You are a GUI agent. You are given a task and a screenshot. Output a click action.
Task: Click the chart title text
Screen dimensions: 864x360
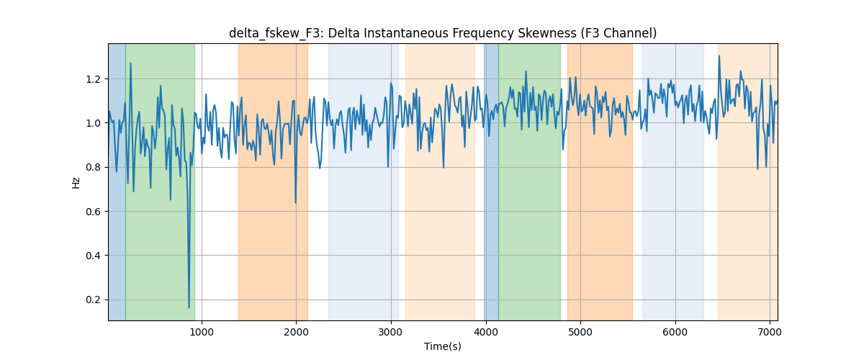coord(442,34)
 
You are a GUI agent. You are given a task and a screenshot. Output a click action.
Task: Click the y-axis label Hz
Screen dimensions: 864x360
coord(76,182)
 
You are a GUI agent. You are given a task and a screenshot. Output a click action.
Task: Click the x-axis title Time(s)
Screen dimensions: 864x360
coord(442,346)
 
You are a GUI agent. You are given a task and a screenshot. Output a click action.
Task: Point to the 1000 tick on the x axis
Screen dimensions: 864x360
coord(202,332)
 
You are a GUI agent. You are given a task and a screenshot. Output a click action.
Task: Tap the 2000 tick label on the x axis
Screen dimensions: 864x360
coord(296,332)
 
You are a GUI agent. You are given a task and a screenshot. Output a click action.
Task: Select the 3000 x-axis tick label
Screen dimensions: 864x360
coord(391,332)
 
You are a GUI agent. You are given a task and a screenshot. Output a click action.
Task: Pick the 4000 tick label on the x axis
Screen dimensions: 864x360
coord(486,332)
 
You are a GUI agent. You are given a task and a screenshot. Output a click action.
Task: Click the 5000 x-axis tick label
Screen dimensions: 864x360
coord(580,332)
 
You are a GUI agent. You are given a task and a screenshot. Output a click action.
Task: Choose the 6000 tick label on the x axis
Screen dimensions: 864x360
coord(675,332)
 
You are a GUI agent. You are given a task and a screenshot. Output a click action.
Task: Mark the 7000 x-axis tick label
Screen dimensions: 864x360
coord(770,332)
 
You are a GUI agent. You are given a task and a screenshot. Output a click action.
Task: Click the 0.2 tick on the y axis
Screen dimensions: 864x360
coord(93,300)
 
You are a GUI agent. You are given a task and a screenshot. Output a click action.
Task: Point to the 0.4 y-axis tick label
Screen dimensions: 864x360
coord(93,256)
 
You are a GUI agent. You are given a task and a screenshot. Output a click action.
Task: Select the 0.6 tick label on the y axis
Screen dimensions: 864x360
coord(93,212)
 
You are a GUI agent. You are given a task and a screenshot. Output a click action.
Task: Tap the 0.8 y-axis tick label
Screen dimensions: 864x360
coord(93,167)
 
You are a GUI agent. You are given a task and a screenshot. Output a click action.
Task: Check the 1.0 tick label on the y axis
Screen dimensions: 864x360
coord(93,123)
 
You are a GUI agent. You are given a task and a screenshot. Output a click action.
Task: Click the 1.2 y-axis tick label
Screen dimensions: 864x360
coord(93,79)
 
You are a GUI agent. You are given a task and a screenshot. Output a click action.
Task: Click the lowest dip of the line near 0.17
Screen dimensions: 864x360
coord(189,307)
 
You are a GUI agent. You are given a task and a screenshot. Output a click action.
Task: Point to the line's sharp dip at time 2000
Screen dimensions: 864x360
coord(295,203)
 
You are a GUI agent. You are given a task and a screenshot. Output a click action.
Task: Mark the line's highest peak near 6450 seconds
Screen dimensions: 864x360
coord(719,56)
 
